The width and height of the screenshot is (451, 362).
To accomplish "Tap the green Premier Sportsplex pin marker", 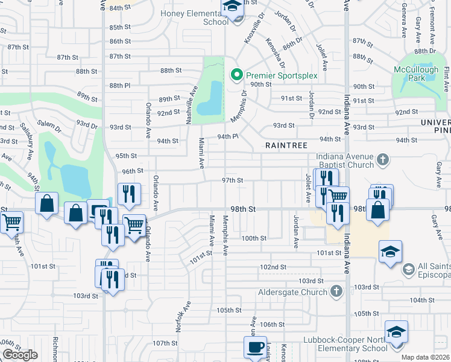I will [x=237, y=75].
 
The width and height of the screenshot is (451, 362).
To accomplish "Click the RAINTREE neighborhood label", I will [x=287, y=145].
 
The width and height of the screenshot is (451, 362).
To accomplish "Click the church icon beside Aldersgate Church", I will [x=337, y=292].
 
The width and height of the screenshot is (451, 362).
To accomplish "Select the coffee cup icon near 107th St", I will [x=255, y=347].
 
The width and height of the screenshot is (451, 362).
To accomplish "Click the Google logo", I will [x=20, y=355].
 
